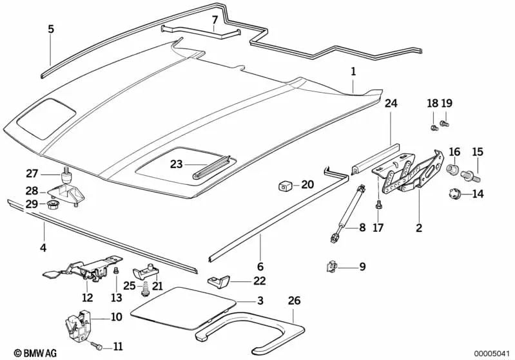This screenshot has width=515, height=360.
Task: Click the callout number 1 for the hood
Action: point(353,73)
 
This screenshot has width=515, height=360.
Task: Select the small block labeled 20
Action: point(284,186)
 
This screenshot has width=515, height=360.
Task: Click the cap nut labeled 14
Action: point(454,193)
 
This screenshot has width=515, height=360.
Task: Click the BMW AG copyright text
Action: point(24,352)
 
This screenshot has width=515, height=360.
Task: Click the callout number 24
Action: point(392,102)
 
